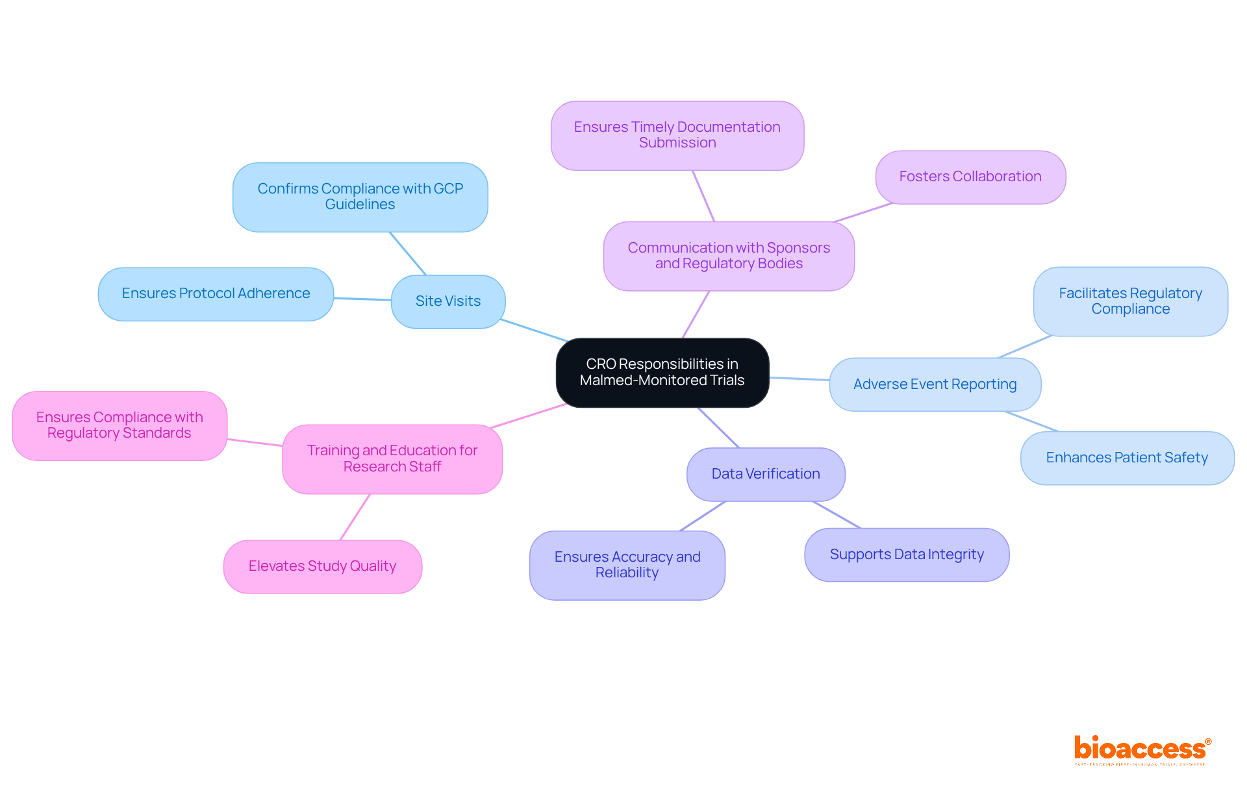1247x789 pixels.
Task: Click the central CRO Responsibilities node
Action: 662,372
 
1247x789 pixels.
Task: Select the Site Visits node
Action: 448,301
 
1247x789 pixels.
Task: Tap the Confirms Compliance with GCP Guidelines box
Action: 360,197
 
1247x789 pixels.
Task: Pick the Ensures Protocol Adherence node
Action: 216,294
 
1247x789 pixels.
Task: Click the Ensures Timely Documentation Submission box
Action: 677,135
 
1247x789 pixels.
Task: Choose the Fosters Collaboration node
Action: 970,177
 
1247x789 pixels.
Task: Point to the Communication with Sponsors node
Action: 729,256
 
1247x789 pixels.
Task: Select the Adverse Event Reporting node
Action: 935,384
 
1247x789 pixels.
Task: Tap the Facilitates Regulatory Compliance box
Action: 1130,301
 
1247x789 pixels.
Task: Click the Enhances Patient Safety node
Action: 1127,458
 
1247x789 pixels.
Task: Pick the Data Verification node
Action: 766,474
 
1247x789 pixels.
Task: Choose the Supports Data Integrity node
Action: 907,555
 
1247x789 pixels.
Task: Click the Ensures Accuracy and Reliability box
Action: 627,565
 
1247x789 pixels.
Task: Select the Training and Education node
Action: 392,458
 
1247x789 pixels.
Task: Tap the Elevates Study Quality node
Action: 322,566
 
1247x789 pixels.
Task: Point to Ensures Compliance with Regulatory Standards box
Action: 120,425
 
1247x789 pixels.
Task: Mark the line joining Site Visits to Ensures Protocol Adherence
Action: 362,299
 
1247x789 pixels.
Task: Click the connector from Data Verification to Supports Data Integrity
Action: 837,514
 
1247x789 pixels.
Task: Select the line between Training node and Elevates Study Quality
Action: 355,517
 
